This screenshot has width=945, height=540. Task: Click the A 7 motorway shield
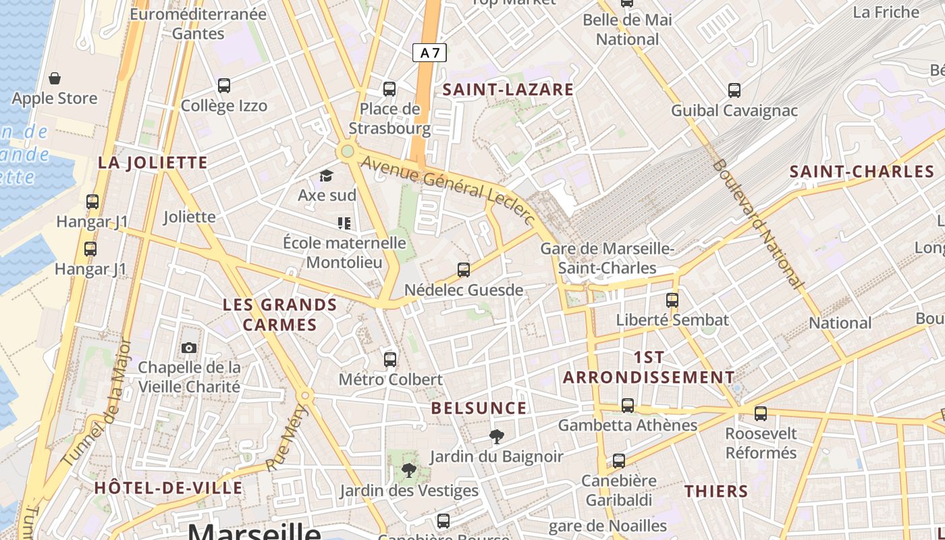pyautogui.click(x=430, y=53)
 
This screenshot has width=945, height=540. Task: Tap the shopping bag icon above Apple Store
pyautogui.click(x=55, y=78)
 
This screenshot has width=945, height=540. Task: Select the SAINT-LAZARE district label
pyautogui.click(x=508, y=89)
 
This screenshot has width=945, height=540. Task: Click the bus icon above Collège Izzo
pyautogui.click(x=224, y=86)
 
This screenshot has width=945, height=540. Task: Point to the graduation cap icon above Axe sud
pyautogui.click(x=327, y=176)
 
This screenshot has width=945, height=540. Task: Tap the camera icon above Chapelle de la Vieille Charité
pyautogui.click(x=189, y=348)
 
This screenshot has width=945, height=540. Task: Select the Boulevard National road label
pyautogui.click(x=758, y=224)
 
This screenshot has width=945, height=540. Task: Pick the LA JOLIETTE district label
pyautogui.click(x=153, y=163)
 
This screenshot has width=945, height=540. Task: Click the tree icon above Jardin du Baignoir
pyautogui.click(x=497, y=437)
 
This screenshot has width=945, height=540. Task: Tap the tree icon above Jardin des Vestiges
pyautogui.click(x=408, y=470)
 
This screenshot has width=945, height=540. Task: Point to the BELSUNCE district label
pyautogui.click(x=479, y=408)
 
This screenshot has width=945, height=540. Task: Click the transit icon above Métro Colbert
pyautogui.click(x=390, y=359)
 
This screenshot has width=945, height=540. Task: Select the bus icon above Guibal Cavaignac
pyautogui.click(x=734, y=90)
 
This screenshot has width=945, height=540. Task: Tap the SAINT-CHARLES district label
pyautogui.click(x=862, y=171)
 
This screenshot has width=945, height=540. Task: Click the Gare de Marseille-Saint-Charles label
pyautogui.click(x=607, y=259)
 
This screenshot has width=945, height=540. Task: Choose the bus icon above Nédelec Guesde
pyautogui.click(x=464, y=270)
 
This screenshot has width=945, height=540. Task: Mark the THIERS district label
pyautogui.click(x=716, y=491)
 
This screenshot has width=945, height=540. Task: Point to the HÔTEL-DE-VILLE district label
pyautogui.click(x=168, y=487)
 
